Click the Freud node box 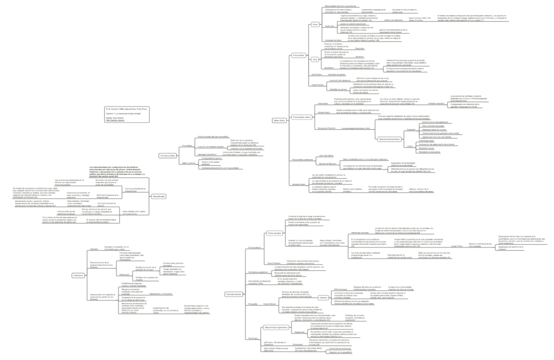(315, 24)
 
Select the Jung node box (315, 58)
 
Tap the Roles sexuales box (274, 233)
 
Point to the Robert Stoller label (317, 85)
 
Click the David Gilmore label (271, 305)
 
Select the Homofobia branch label (187, 146)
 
